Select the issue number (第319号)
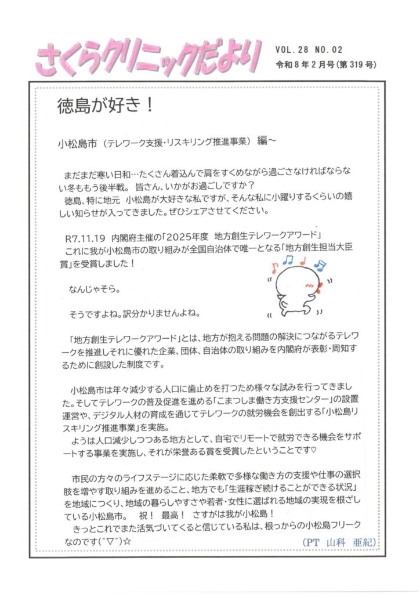pos(356,64)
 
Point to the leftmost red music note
pos(274,268)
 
